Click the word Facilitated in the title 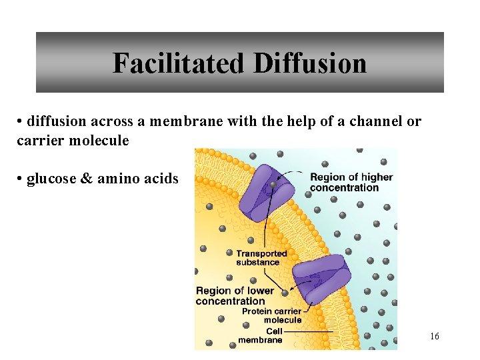[x=178, y=63]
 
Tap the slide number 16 [x=434, y=337]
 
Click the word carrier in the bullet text [x=39, y=141]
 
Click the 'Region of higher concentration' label [x=351, y=182]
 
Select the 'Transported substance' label [x=261, y=257]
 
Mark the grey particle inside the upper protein [x=273, y=184]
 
